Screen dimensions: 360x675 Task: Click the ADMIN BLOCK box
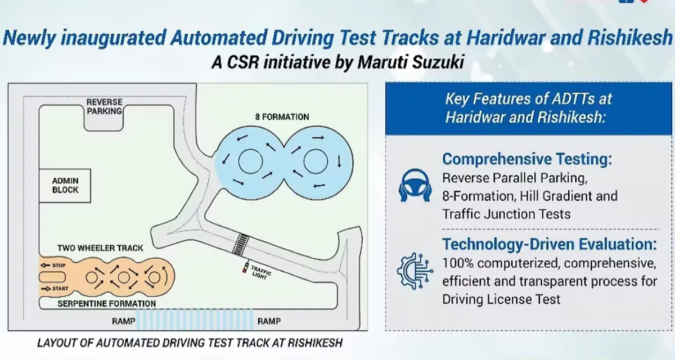pyautogui.click(x=66, y=186)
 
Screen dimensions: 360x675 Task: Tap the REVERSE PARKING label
pyautogui.click(x=104, y=107)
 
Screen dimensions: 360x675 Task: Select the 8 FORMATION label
pyautogui.click(x=282, y=117)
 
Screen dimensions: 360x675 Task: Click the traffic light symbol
pyautogui.click(x=245, y=268)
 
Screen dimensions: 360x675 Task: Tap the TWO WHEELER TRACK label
pyautogui.click(x=100, y=248)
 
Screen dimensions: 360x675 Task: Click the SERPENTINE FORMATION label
pyautogui.click(x=107, y=304)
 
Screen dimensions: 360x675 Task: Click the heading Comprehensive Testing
pyautogui.click(x=526, y=159)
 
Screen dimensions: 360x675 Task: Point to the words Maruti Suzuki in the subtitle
pyautogui.click(x=411, y=62)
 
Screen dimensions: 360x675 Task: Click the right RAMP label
pyautogui.click(x=269, y=322)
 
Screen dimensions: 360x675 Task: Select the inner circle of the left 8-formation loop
pyautogui.click(x=250, y=162)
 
